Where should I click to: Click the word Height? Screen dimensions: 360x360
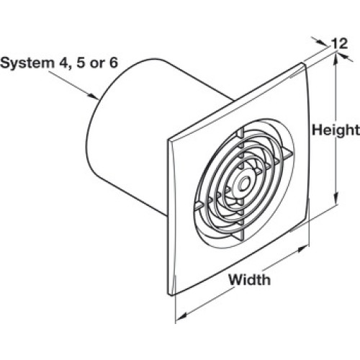336,131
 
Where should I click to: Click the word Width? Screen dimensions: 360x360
249,280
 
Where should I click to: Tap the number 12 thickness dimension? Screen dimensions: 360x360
340,44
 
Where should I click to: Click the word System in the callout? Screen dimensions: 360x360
27,63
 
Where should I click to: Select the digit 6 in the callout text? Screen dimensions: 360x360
114,63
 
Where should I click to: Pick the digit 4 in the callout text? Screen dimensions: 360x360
63,63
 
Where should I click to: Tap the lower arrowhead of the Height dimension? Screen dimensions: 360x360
336,198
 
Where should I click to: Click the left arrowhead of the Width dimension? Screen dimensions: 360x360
182,315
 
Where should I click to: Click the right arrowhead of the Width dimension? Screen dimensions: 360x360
302,249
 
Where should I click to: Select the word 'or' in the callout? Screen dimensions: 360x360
98,64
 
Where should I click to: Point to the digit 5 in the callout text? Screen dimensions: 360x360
81,63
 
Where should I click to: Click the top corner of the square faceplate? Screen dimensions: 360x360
302,63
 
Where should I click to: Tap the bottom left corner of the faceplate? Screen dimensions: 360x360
168,294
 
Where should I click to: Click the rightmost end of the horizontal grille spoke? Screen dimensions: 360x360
293,153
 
